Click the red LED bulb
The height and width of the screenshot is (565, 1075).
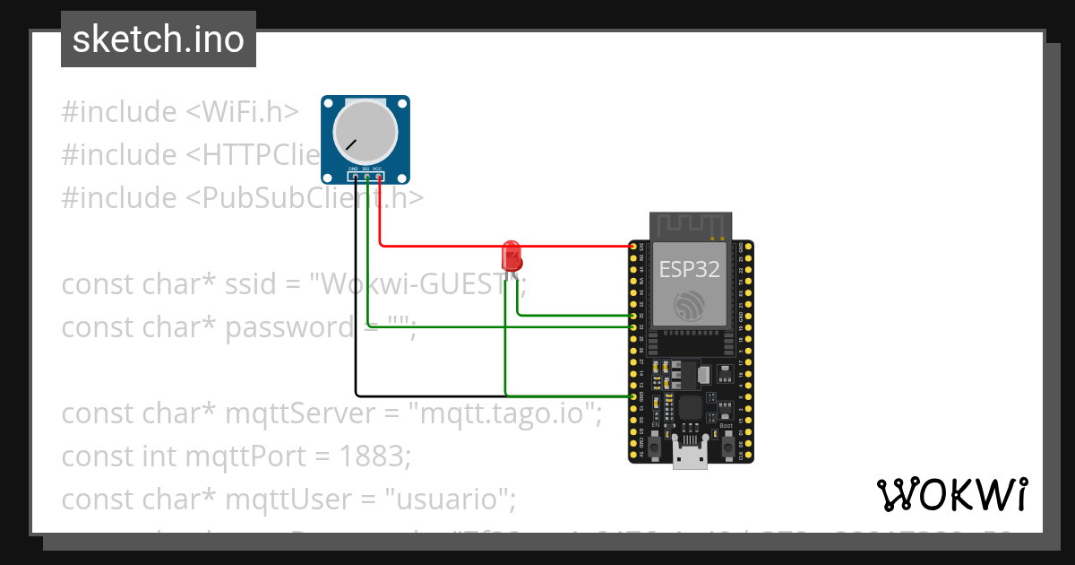(x=512, y=254)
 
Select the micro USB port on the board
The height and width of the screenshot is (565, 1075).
(x=690, y=456)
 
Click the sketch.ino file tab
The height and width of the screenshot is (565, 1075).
(x=159, y=39)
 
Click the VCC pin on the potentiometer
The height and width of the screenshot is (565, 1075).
(x=379, y=177)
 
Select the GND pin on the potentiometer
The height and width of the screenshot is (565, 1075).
(x=356, y=177)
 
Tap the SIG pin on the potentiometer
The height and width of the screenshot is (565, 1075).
(x=367, y=177)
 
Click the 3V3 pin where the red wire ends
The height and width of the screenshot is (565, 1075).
(x=633, y=246)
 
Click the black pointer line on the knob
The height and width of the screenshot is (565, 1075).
(x=351, y=144)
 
